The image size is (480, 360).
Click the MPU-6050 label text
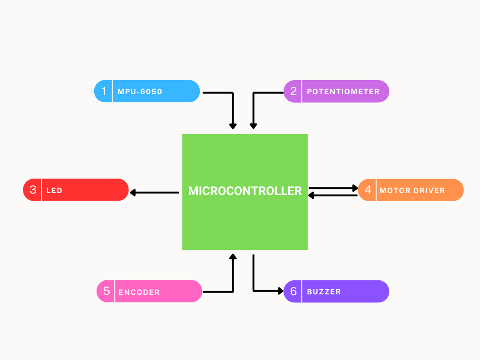click(140, 92)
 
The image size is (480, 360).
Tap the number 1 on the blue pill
click(104, 91)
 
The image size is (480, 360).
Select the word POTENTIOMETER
click(343, 92)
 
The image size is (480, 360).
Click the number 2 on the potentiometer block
click(293, 91)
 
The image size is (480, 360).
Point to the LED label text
click(54, 191)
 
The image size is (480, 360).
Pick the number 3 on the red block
click(33, 190)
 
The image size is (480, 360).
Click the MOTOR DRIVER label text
click(412, 191)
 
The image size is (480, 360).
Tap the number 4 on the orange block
click(368, 190)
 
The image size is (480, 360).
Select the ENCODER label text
click(139, 292)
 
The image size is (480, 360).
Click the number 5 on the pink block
click(106, 291)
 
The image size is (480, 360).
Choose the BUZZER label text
click(324, 292)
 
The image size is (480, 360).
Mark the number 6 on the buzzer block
click(293, 292)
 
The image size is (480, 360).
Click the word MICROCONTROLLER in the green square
click(245, 191)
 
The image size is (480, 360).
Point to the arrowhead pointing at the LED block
click(133, 192)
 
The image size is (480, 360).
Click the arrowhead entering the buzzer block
click(280, 291)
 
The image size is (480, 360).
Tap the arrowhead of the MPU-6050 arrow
click(232, 126)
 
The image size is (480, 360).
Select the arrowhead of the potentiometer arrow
click(253, 126)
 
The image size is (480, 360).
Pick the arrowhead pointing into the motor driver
click(355, 188)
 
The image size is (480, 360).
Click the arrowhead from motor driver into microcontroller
click(311, 195)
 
